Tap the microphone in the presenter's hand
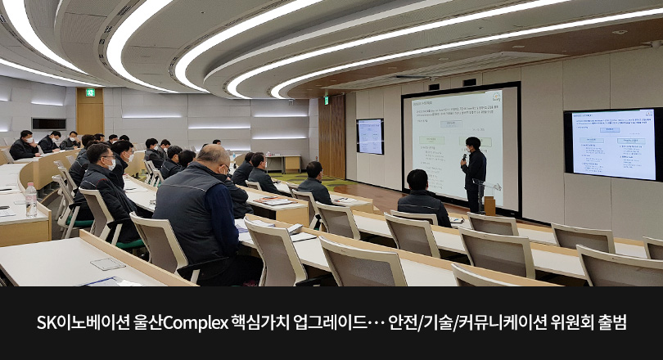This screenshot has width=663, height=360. [x=464, y=156]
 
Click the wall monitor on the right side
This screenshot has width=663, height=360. [x=613, y=144]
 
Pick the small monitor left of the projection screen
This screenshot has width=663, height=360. [x=370, y=136]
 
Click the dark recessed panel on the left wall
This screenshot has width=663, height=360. [x=48, y=124]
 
